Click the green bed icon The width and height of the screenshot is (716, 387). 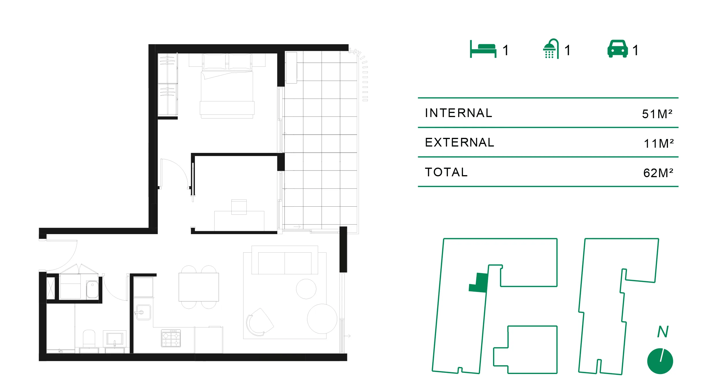tap(483, 49)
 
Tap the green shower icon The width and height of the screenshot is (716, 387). tap(551, 49)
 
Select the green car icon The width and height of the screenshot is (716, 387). tap(617, 49)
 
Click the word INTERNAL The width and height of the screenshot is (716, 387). tap(458, 113)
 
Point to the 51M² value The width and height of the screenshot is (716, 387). tap(657, 114)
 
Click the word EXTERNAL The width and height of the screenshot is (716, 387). tap(460, 142)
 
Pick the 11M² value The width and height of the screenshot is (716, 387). tap(658, 143)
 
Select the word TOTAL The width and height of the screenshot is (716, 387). tap(446, 172)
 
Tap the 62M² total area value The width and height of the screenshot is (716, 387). tap(658, 173)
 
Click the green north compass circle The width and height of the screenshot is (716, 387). tap(660, 361)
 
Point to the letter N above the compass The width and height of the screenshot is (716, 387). tap(663, 332)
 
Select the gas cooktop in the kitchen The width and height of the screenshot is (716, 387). tap(171, 338)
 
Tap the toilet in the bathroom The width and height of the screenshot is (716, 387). tap(89, 339)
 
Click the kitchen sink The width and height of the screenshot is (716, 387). tap(143, 312)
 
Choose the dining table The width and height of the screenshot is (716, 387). tap(199, 287)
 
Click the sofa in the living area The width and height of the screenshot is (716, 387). tap(285, 260)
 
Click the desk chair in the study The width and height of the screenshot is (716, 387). tap(239, 207)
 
